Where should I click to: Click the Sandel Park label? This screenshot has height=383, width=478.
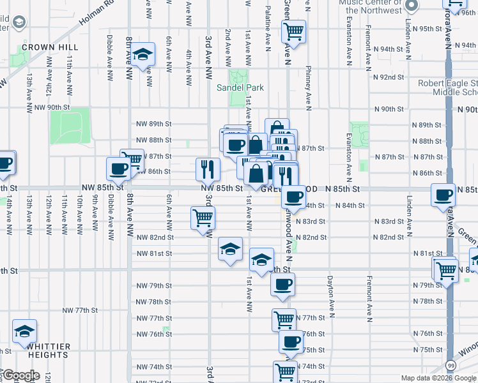pos(239,87)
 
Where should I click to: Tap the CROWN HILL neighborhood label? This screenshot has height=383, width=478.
pos(50,47)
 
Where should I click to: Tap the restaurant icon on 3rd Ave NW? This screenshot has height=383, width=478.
pos(207,169)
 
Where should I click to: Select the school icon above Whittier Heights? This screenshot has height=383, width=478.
pos(24,331)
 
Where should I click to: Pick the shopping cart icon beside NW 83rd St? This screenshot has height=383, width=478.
pos(203,218)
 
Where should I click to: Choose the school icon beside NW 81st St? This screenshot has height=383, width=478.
pos(230,249)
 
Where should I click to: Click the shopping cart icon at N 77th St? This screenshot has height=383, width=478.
pos(284,319)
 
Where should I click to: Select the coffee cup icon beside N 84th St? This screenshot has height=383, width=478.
pos(294,197)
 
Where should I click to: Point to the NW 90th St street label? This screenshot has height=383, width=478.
pos(51,108)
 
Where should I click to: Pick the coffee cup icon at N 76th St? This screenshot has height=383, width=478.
pos(291,341)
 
